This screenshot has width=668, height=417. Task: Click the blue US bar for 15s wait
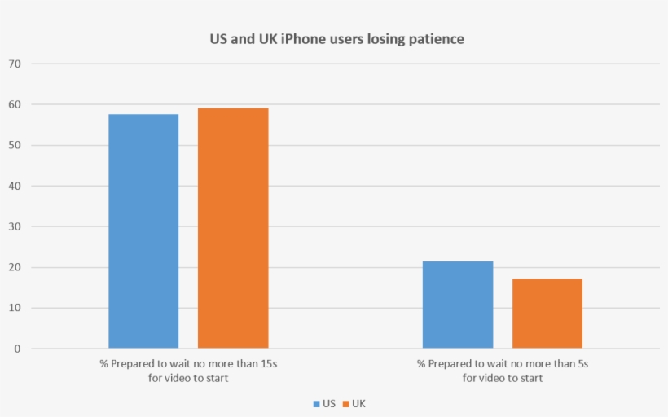click(x=143, y=231)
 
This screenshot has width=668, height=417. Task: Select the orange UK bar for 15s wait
click(x=233, y=228)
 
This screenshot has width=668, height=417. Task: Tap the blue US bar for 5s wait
click(x=458, y=305)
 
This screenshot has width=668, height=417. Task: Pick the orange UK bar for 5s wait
click(x=547, y=314)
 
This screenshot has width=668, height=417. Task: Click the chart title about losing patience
click(x=333, y=39)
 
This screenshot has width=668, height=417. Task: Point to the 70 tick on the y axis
click(x=15, y=64)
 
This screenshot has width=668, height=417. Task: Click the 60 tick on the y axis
click(x=15, y=104)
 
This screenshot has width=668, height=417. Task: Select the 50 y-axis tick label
click(x=15, y=145)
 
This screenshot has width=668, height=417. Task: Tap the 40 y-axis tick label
click(x=15, y=186)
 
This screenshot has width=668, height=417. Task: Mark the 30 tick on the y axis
click(x=15, y=226)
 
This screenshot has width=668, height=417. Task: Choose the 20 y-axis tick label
click(x=15, y=267)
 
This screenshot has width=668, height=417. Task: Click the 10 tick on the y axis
click(x=15, y=308)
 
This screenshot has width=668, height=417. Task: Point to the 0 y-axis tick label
click(x=18, y=349)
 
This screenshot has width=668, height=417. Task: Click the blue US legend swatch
click(x=317, y=403)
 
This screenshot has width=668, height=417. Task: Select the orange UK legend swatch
click(x=345, y=403)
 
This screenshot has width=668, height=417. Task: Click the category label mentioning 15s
click(x=188, y=371)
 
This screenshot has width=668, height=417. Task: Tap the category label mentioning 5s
click(x=503, y=371)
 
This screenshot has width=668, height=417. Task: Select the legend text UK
click(x=358, y=403)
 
